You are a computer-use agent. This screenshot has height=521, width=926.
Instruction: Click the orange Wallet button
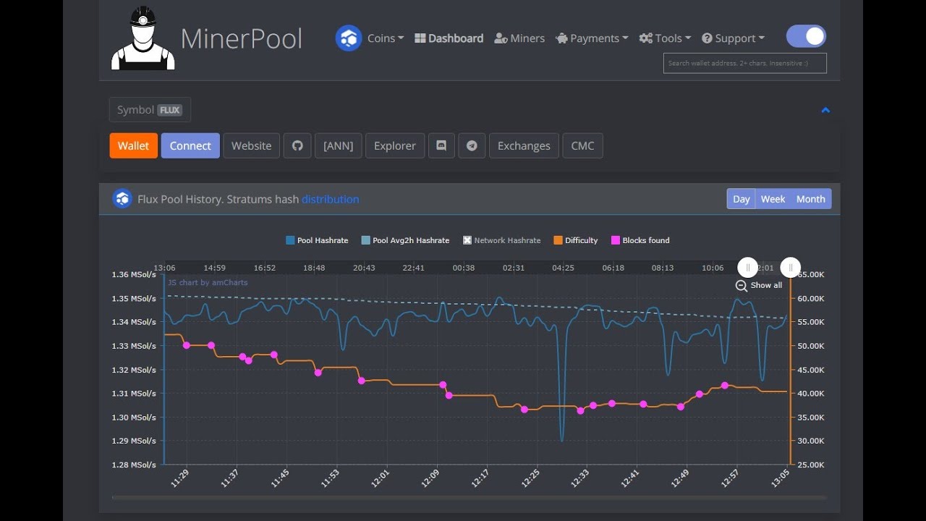tap(133, 145)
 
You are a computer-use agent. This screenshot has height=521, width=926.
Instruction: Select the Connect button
tap(190, 145)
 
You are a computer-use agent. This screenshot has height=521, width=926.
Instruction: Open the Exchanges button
tap(524, 145)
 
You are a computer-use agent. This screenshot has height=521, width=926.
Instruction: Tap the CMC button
tap(582, 145)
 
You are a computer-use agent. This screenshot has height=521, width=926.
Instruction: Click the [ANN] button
tap(338, 145)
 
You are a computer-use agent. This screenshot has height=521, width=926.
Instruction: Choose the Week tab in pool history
tap(773, 199)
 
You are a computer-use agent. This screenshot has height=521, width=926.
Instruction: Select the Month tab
tap(810, 199)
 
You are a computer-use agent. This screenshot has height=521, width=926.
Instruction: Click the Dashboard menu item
tap(449, 38)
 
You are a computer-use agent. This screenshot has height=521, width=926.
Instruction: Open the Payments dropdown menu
tap(592, 38)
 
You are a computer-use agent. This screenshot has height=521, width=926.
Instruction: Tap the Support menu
tap(733, 38)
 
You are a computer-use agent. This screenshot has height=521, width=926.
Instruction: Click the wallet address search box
tap(744, 63)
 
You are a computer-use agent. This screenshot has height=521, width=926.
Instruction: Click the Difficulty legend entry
tap(576, 240)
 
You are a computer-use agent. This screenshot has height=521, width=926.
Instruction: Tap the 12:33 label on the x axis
tap(579, 478)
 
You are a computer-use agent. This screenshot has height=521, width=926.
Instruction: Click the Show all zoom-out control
tap(759, 285)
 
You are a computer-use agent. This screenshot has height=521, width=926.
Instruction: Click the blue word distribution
tap(330, 199)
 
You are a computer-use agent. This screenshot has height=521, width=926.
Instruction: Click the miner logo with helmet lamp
tap(143, 38)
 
